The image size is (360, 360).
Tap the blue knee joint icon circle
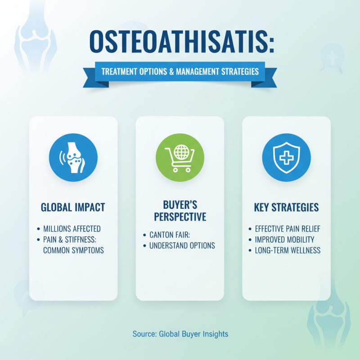click(73, 156)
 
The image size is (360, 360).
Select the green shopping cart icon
click(180, 156)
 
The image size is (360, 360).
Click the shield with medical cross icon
click(286, 156)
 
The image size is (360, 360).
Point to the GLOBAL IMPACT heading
click(73, 207)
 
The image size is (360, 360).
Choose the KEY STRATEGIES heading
click(286, 207)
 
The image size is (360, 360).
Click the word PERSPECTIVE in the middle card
click(180, 217)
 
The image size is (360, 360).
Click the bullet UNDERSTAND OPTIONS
click(182, 246)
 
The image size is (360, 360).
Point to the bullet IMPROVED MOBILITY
click(284, 239)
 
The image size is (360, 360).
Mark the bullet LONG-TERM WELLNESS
click(288, 250)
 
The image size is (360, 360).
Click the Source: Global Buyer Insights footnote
click(180, 334)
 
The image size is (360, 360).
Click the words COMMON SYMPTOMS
click(73, 250)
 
